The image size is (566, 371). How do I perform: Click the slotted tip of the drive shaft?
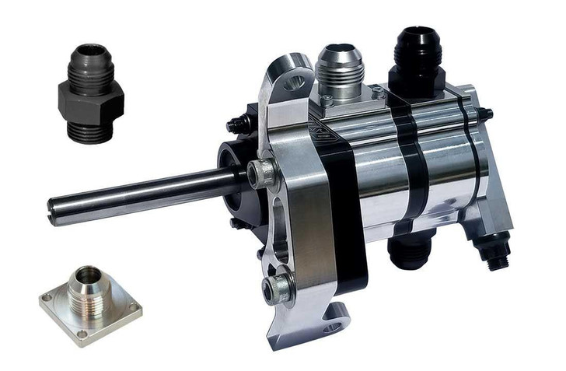pos(54,212)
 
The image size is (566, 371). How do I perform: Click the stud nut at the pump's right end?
pos(487,115)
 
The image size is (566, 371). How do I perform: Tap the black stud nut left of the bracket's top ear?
pos(236,124)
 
